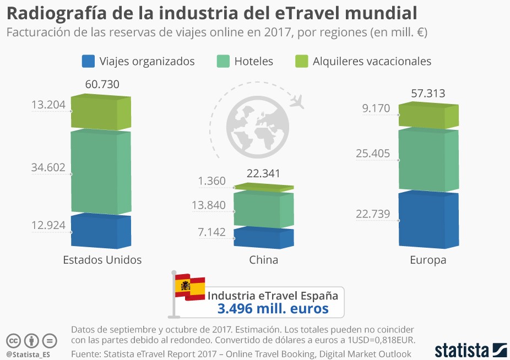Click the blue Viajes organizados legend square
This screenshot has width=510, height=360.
pos(88,61)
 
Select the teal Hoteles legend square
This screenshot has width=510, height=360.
pos(223,61)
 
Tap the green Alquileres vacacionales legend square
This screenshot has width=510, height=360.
pos(301,61)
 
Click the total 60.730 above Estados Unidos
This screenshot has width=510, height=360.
pos(102,84)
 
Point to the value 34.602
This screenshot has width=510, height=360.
pos(48,167)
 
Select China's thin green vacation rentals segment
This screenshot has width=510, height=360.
pos(263,188)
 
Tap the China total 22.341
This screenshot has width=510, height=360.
pos(263,174)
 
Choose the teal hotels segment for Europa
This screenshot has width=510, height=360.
pos(428,160)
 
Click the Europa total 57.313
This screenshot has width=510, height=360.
pos(428,93)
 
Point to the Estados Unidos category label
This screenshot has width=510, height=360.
pos(102,260)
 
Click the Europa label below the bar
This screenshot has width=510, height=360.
pos(428,260)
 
